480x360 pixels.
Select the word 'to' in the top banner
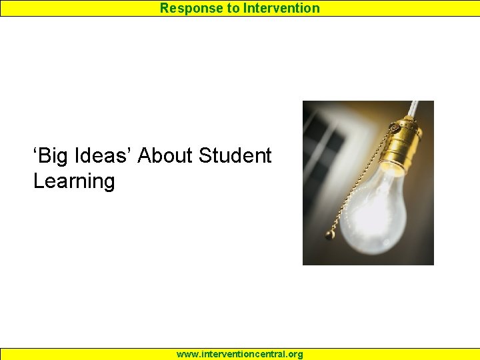point(230,8)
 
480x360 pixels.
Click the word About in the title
point(165,156)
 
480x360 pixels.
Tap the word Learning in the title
point(74,181)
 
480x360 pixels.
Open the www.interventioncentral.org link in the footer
point(239,354)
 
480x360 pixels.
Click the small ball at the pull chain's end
point(329,235)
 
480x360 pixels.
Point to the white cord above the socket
point(413,109)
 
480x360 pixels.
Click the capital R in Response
point(164,8)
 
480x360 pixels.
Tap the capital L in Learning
point(38,181)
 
